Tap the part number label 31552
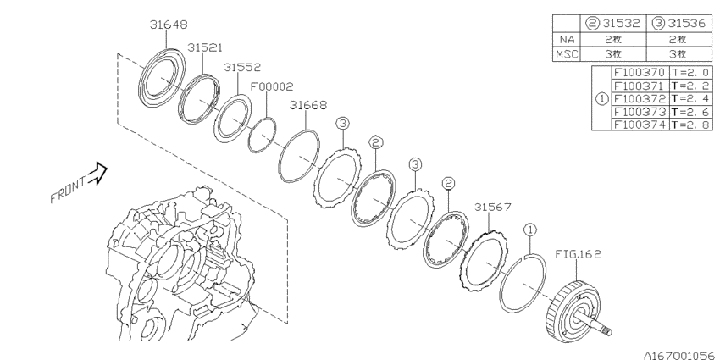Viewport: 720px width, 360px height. click(243, 67)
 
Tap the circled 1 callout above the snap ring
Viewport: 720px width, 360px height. click(529, 229)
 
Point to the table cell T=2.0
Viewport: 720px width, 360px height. click(688, 73)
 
